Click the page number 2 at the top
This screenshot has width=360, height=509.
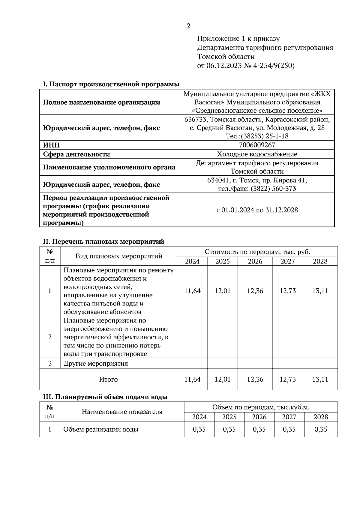coord(188,26)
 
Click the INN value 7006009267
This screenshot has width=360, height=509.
coord(257,145)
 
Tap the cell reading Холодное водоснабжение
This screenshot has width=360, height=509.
coord(257,154)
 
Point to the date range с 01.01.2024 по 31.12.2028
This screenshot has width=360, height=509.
coord(257,210)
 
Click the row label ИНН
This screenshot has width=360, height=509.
coord(51,145)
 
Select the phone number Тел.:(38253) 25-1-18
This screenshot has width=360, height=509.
coord(257,136)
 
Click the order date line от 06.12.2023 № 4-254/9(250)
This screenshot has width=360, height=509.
coord(246,66)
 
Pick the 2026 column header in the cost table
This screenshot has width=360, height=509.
coord(255,261)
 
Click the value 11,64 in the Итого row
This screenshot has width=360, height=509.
coord(192,379)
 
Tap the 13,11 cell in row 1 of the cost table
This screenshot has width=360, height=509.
coord(320,291)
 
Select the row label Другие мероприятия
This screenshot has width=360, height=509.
coord(96,364)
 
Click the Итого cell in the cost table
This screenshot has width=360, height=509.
coord(108,380)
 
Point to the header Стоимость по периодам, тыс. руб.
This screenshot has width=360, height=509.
coord(257,252)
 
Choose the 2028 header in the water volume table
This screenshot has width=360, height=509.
coord(321,417)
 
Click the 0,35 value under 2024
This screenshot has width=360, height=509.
coord(199,429)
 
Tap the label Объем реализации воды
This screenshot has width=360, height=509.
coord(101,429)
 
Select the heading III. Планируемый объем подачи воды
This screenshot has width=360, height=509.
coord(105,397)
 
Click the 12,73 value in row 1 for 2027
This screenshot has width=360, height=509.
coord(288,291)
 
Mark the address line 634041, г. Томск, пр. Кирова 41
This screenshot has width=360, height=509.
coord(257,180)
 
